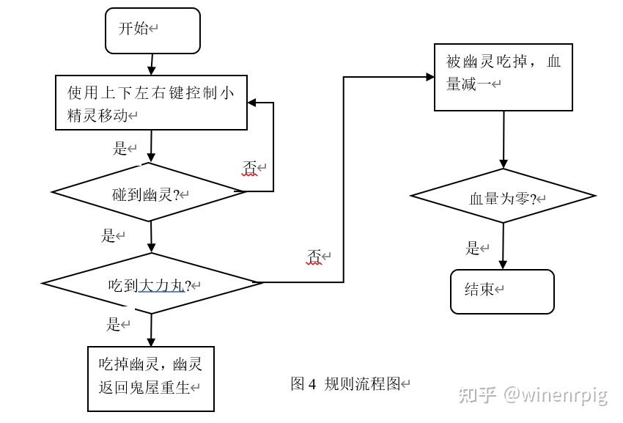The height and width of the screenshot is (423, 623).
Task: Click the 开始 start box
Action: click(x=152, y=31)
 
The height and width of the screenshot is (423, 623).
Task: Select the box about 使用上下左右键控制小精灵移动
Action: click(x=152, y=103)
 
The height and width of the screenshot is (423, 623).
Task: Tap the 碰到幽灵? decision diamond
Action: click(x=149, y=193)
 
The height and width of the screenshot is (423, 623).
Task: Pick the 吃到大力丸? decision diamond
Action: click(x=152, y=284)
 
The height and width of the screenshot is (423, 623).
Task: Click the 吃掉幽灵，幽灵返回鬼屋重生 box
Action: click(x=151, y=379)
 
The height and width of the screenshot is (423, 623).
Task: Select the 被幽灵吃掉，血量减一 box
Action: click(x=503, y=73)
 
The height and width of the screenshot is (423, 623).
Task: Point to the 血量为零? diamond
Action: click(x=503, y=196)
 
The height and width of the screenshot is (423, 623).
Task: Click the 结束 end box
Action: click(x=502, y=291)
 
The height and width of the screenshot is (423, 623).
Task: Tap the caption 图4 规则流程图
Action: click(x=349, y=383)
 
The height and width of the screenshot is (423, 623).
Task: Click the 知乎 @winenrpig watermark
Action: click(x=533, y=395)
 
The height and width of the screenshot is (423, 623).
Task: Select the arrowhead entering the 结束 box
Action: click(x=503, y=265)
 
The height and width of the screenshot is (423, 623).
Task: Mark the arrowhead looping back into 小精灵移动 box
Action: click(x=252, y=103)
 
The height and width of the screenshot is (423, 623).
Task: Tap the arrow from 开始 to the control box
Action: click(x=151, y=64)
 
